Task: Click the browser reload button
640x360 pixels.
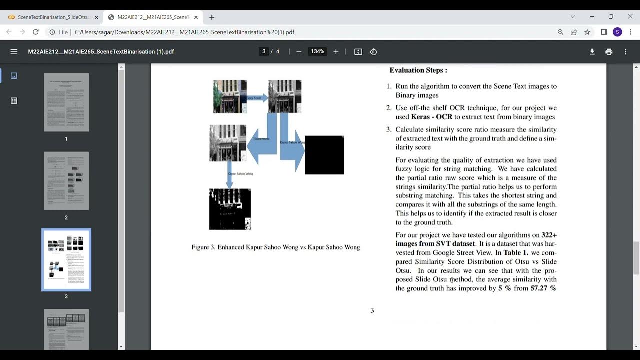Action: click(x=36, y=32)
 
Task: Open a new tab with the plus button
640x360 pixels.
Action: click(x=212, y=17)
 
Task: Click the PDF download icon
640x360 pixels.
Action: click(x=592, y=52)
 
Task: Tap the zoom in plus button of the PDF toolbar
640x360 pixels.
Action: click(x=336, y=52)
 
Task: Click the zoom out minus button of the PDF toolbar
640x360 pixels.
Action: click(x=299, y=52)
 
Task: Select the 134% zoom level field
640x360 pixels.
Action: click(x=317, y=52)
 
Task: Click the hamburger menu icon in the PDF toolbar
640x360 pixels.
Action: click(x=14, y=52)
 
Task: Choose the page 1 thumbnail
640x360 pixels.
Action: click(x=66, y=102)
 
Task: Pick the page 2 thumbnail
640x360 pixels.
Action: click(x=66, y=181)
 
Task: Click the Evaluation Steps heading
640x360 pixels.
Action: click(x=418, y=70)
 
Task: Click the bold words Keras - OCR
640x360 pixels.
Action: click(x=431, y=117)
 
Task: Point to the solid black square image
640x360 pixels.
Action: click(x=324, y=155)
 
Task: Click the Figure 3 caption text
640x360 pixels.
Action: click(x=275, y=247)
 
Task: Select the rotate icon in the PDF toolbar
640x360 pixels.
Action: click(x=373, y=52)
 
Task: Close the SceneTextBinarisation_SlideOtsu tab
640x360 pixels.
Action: click(x=96, y=17)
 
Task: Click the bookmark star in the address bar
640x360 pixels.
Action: click(x=587, y=32)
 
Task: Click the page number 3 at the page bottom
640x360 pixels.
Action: click(x=372, y=311)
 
